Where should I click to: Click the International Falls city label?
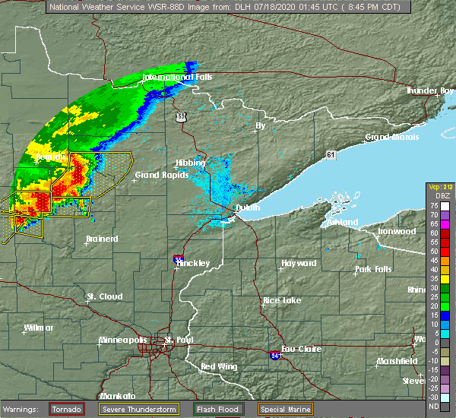coord(177,78)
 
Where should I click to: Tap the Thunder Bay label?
coord(430,90)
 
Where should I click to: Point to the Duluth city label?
coord(247,207)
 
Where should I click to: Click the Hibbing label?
coord(190,163)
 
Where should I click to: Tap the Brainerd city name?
coord(102,239)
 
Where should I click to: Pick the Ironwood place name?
coord(397,231)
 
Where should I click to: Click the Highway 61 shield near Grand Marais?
coord(331,155)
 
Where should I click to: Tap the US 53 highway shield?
coord(180,116)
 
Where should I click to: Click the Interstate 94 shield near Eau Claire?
coord(274,355)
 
